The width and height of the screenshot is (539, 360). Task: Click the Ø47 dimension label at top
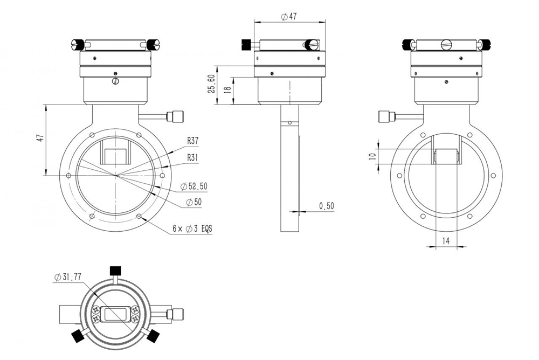[289, 16]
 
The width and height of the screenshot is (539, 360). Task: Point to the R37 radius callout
[193, 141]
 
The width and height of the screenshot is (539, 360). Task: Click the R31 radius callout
[193, 157]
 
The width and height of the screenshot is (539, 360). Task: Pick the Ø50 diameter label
[193, 202]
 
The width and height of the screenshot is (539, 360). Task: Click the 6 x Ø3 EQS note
[192, 229]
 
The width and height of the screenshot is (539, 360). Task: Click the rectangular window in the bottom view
[115, 314]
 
